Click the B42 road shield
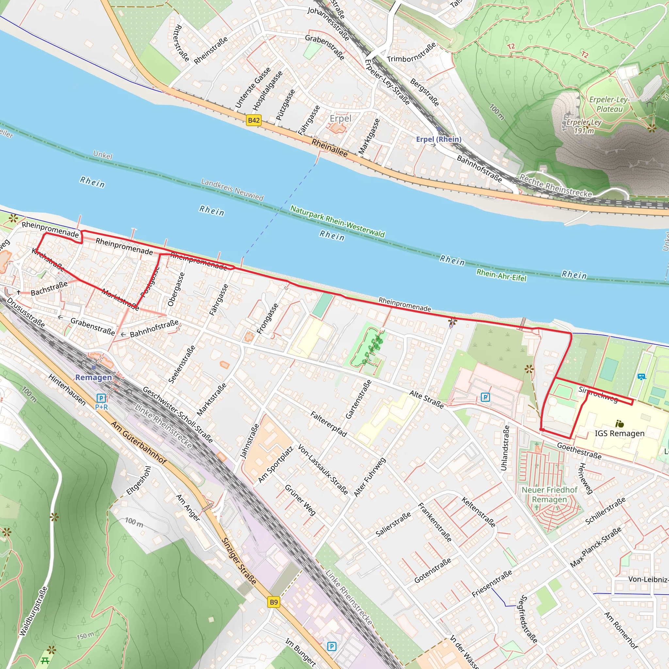(254, 120)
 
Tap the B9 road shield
(273, 602)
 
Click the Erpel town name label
(340, 119)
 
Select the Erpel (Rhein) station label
(438, 139)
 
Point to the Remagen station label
(93, 377)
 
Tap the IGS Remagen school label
(619, 433)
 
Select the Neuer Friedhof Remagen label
(549, 495)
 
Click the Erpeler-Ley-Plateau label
(609, 104)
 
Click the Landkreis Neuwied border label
(232, 189)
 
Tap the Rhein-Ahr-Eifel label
(501, 275)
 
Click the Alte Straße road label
(426, 399)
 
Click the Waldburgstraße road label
(33, 611)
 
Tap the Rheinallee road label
(329, 148)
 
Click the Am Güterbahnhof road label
(139, 443)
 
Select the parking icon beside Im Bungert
(331, 646)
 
